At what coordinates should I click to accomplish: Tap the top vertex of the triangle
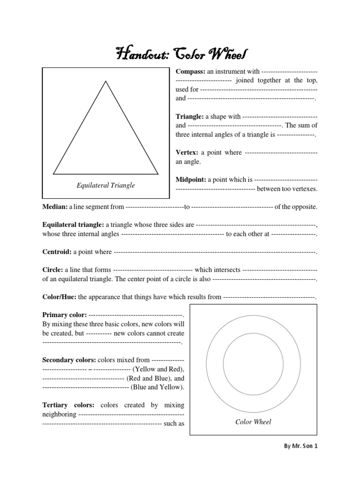click(x=106, y=81)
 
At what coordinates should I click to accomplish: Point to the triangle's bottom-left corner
click(x=54, y=173)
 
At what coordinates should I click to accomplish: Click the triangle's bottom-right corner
click(x=158, y=173)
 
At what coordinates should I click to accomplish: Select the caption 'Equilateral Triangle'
click(x=105, y=185)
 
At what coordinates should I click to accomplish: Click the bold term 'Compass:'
click(x=190, y=71)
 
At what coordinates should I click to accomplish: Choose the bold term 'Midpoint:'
click(x=191, y=180)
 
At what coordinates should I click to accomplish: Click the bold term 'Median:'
click(x=55, y=207)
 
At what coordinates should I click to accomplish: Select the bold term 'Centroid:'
click(x=57, y=252)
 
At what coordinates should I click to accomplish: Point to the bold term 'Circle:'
click(x=52, y=270)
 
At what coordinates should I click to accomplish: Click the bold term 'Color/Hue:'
click(x=60, y=297)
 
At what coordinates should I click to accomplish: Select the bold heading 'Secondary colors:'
click(x=69, y=360)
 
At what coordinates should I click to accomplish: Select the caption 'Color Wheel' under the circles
click(x=253, y=422)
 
